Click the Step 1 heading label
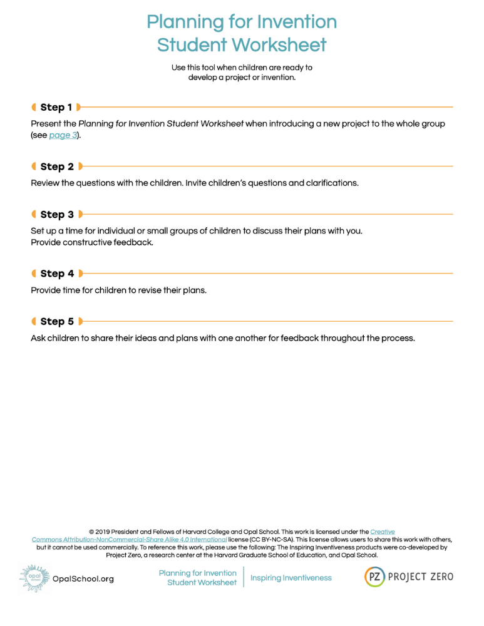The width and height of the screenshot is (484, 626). pyautogui.click(x=56, y=107)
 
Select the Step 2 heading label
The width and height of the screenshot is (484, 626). pyautogui.click(x=57, y=167)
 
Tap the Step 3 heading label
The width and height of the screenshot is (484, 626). pyautogui.click(x=57, y=215)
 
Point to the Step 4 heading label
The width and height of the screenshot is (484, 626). pyautogui.click(x=57, y=274)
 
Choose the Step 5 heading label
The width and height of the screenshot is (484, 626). pyautogui.click(x=57, y=322)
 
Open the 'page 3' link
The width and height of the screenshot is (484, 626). pyautogui.click(x=63, y=135)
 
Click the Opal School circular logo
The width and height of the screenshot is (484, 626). pyautogui.click(x=34, y=578)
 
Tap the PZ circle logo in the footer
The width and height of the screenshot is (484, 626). pyautogui.click(x=374, y=577)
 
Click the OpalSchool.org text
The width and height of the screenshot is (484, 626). pyautogui.click(x=83, y=579)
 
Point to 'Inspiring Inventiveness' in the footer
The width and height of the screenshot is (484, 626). pyautogui.click(x=291, y=578)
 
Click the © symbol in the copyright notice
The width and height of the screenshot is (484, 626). pyautogui.click(x=91, y=531)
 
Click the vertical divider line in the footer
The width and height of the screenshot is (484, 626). pyautogui.click(x=244, y=577)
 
